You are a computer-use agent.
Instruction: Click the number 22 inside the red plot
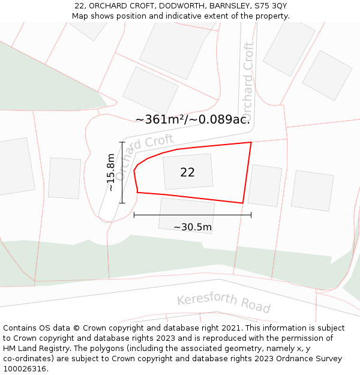click(187, 172)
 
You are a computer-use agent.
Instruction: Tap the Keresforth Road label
click(223, 303)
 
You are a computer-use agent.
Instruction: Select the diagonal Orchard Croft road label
click(144, 157)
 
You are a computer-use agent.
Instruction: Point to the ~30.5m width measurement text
click(192, 227)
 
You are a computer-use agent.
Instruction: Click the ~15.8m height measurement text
click(111, 173)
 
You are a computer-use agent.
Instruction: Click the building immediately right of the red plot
click(265, 185)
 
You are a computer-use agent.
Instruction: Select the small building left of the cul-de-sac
click(64, 178)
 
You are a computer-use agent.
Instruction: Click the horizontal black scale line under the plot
click(192, 214)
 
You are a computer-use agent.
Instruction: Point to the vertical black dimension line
click(122, 173)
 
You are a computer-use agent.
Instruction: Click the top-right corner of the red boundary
click(251, 142)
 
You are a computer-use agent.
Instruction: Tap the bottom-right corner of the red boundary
click(242, 203)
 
